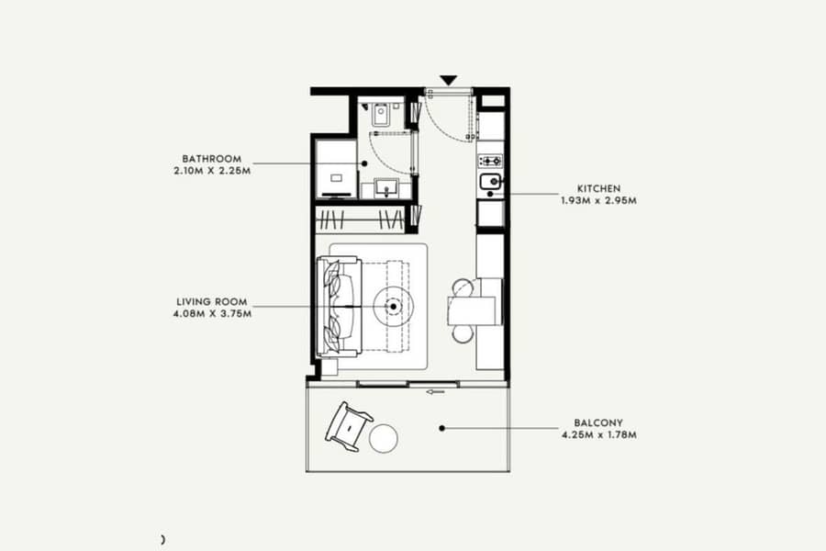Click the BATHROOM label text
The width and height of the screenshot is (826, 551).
[x=212, y=159]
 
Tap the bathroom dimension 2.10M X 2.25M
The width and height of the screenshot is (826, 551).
[x=212, y=171]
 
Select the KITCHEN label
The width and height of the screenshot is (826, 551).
[x=599, y=188]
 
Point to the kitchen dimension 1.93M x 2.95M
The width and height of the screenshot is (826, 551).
[x=599, y=200]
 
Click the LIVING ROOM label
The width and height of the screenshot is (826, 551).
[x=212, y=302]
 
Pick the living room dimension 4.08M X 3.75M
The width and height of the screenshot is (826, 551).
[x=212, y=314]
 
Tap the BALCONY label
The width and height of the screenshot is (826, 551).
[x=598, y=422]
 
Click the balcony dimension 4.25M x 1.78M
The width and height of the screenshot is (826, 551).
[x=599, y=435]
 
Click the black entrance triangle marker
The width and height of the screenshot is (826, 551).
[x=448, y=81]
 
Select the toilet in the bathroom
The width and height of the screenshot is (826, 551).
[x=381, y=115]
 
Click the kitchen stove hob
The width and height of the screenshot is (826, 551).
[x=490, y=161]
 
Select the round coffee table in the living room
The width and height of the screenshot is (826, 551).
[x=393, y=307]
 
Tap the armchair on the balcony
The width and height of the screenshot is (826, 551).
[x=349, y=426]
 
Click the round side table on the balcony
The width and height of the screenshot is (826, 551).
[x=383, y=439]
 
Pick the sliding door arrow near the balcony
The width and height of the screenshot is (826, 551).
[x=435, y=392]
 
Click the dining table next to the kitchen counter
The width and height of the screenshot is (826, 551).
[x=472, y=310]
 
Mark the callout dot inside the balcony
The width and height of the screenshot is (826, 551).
[x=442, y=428]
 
